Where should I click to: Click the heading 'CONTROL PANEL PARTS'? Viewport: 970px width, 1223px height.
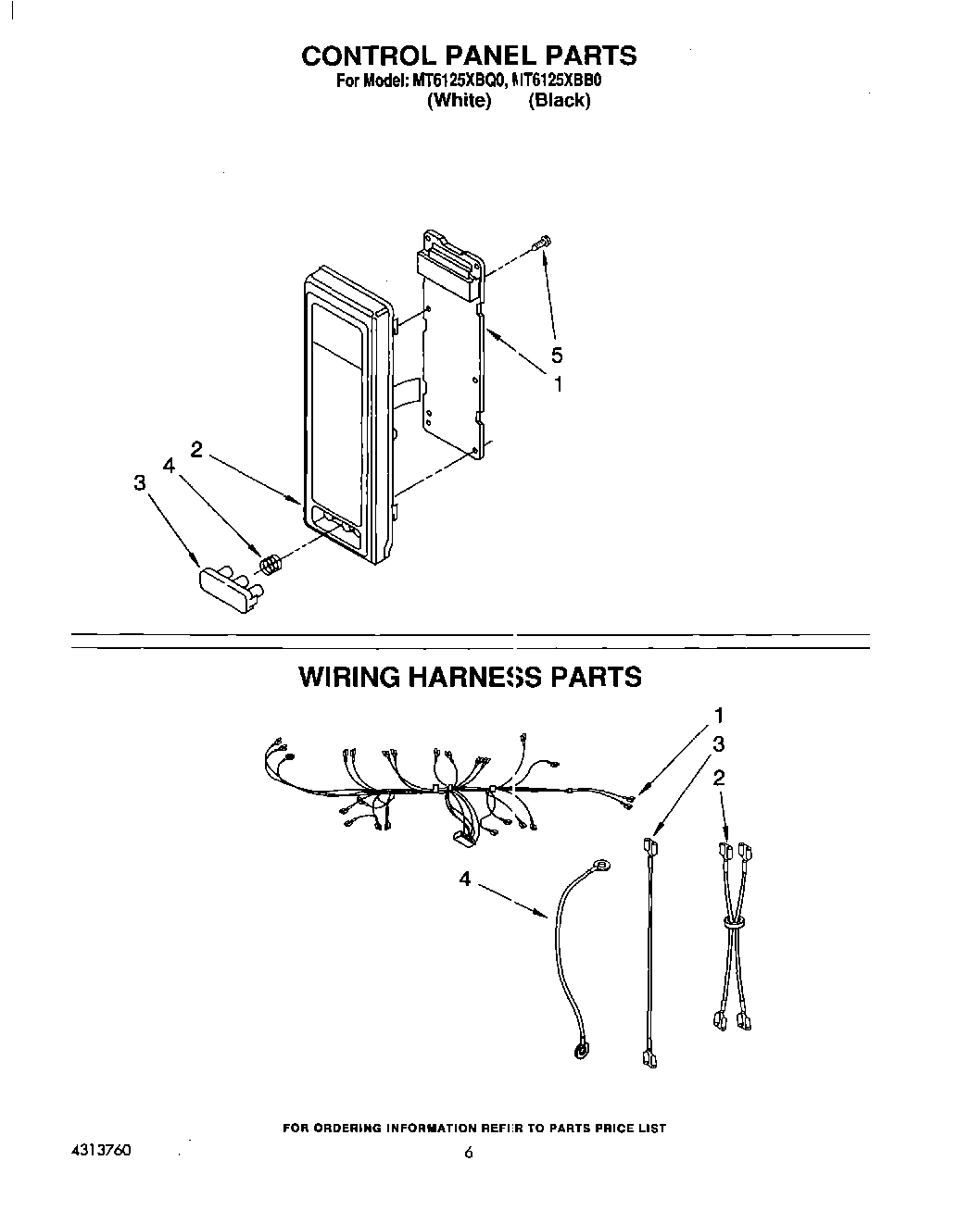(469, 56)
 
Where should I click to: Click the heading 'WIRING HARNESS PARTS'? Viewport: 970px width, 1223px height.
(469, 677)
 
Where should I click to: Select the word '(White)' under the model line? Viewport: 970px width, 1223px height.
(459, 101)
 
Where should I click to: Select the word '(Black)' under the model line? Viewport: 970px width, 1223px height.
(559, 101)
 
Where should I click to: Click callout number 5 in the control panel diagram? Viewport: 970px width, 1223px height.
(556, 355)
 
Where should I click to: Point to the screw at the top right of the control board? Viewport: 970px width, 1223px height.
(540, 243)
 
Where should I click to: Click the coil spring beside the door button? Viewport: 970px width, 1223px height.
(269, 563)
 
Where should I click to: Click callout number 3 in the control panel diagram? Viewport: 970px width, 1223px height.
(139, 482)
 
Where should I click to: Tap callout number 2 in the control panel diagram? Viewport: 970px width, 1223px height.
(196, 449)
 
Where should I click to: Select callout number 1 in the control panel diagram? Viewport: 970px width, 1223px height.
(558, 383)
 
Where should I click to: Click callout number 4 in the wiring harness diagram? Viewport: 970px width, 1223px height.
(464, 879)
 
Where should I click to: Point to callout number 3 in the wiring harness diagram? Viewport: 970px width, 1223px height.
(718, 743)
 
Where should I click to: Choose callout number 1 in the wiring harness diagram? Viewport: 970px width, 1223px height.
(718, 715)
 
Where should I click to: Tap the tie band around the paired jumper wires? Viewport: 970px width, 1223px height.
(733, 922)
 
